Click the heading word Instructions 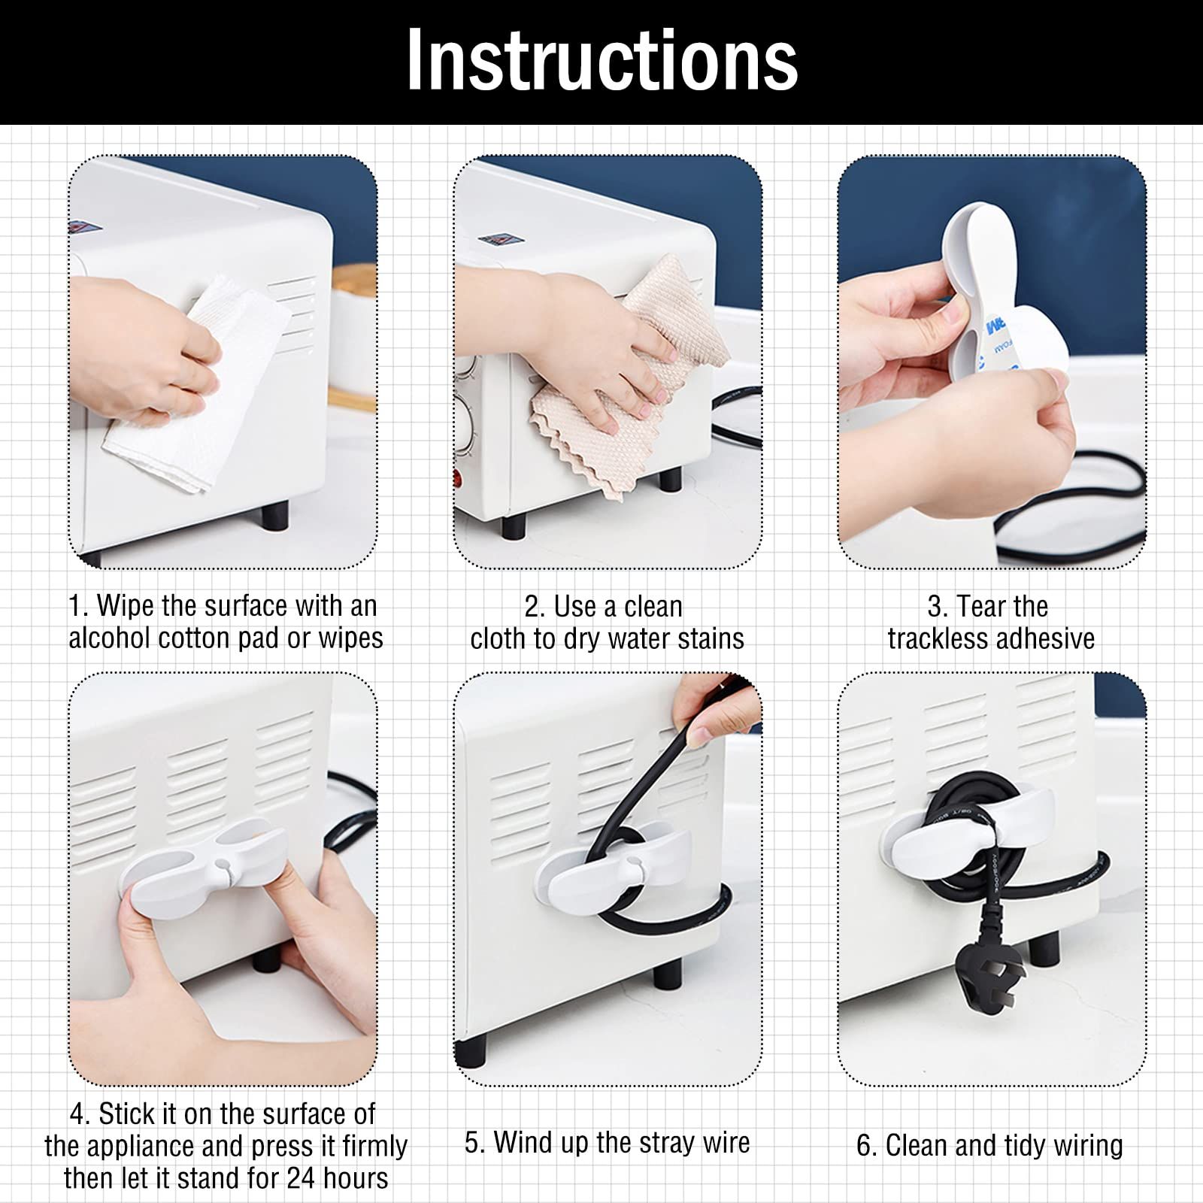click(601, 60)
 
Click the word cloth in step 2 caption click(498, 638)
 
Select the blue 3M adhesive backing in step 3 click(1000, 331)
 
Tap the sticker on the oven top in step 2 click(500, 240)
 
